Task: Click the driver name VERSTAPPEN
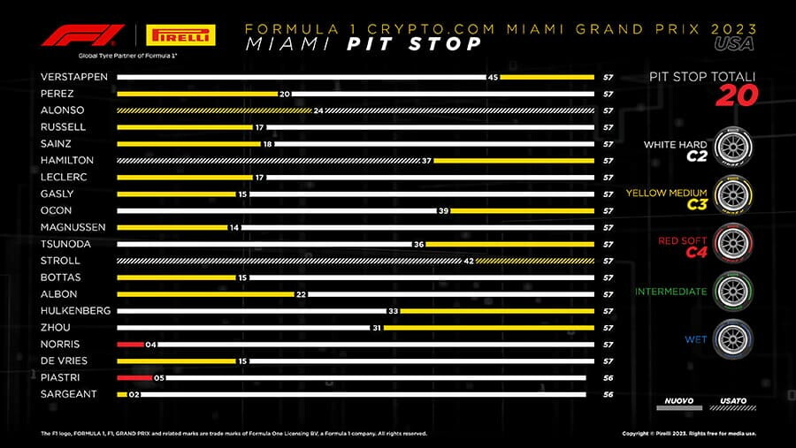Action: click(x=74, y=77)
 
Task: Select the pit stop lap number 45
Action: click(x=494, y=77)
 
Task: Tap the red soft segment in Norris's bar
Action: click(x=130, y=344)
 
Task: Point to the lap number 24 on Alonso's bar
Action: click(x=319, y=110)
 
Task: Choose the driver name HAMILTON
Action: click(x=67, y=161)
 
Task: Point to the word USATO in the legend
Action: click(x=733, y=400)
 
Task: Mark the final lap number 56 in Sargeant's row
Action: click(x=608, y=394)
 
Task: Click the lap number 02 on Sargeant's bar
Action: click(x=135, y=394)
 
